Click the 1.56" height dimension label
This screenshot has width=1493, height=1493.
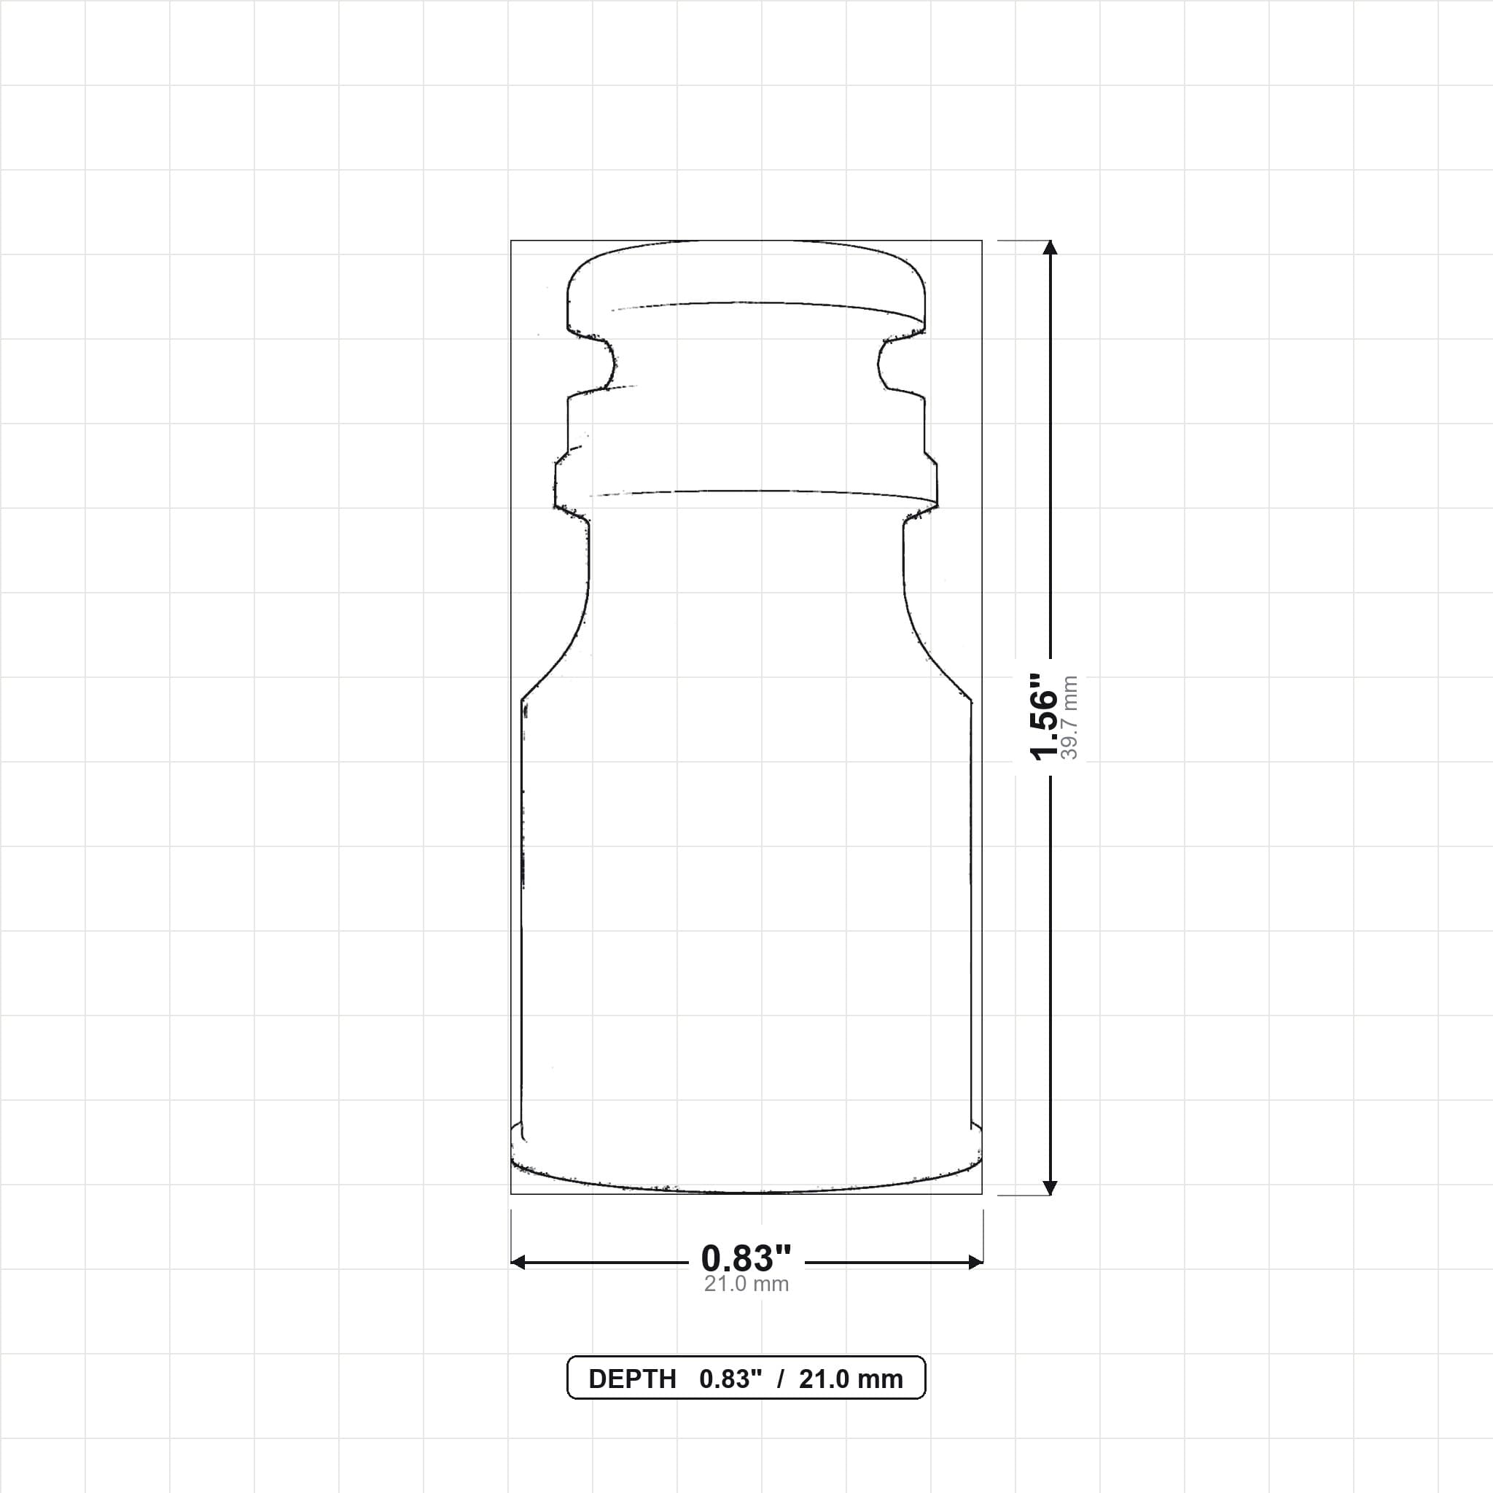(1044, 716)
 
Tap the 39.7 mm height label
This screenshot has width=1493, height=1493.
(1069, 718)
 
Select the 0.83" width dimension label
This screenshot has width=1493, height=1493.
(746, 1258)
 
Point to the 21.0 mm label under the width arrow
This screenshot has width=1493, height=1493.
(746, 1284)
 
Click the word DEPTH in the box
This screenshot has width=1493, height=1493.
(632, 1379)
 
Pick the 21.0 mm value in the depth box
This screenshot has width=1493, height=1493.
(851, 1379)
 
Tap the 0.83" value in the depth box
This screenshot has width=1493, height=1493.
(731, 1379)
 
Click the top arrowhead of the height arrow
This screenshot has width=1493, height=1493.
(1050, 247)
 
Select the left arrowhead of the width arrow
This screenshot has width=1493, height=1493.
(518, 1262)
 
